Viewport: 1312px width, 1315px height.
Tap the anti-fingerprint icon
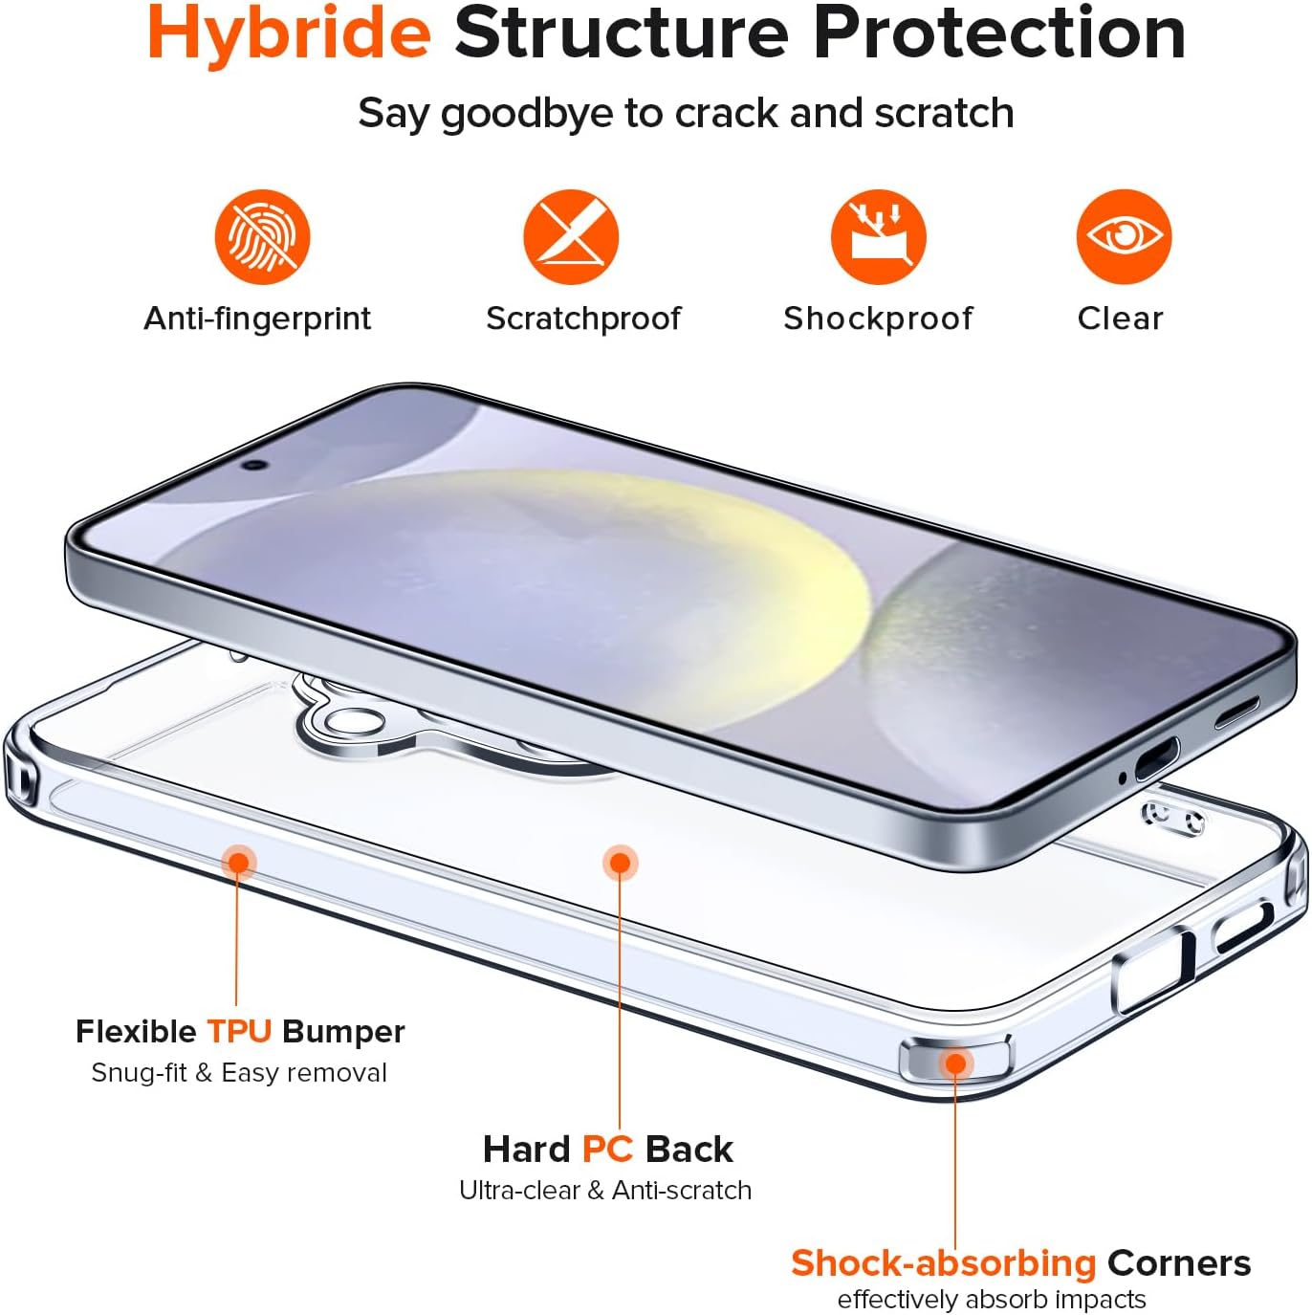262,237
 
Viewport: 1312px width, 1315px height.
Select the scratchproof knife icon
571,237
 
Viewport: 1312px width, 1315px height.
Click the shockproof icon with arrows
878,237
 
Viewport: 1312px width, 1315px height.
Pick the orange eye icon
1124,237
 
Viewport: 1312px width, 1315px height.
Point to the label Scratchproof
583,318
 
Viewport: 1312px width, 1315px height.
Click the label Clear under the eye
1120,318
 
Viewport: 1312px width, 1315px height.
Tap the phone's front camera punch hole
254,465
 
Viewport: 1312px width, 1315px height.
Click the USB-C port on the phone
1156,759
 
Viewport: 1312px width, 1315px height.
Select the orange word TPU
239,1031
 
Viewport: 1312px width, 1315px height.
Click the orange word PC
607,1150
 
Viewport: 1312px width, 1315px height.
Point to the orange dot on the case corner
955,1063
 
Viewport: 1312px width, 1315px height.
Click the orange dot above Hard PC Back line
620,864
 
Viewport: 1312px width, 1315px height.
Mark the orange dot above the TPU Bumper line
238,863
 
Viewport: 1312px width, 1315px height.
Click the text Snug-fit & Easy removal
240,1073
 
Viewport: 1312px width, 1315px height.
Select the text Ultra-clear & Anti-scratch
605,1190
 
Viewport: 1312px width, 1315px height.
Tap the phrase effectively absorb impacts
991,1299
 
